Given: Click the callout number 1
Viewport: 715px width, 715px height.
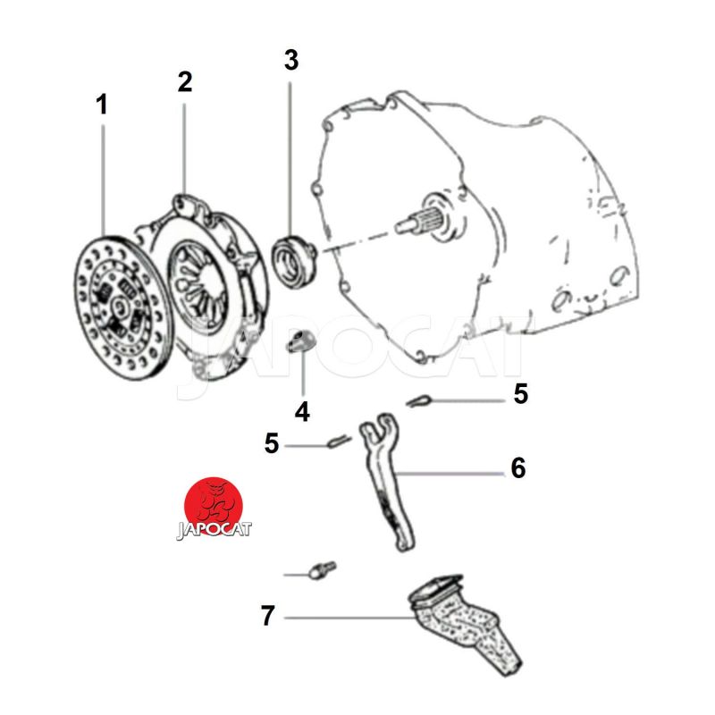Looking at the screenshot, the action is tap(102, 105).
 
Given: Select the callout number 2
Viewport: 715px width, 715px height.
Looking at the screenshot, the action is tap(185, 82).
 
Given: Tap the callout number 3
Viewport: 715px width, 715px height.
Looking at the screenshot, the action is tap(291, 60).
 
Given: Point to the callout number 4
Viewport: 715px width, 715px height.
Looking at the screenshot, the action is tap(302, 412).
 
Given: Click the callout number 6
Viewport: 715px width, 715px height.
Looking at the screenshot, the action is tap(518, 467).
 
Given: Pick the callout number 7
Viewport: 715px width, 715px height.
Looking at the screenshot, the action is tap(268, 615).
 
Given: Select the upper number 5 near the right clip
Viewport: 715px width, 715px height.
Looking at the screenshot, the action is tap(520, 393).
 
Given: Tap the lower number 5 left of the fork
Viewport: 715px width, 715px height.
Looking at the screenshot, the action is tap(272, 443).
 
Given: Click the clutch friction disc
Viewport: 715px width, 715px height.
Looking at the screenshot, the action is tap(122, 307).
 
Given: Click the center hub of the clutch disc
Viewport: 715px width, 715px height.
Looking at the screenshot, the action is tap(121, 306).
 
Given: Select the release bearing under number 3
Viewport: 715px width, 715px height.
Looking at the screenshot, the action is tap(293, 259).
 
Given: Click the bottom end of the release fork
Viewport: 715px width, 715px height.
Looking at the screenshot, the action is tap(405, 542).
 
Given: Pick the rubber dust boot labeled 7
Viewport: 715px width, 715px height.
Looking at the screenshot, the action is tap(463, 622).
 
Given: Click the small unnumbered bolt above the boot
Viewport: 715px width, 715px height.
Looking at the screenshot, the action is tap(322, 570).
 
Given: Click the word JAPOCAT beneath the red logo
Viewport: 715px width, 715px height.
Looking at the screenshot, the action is tap(214, 530).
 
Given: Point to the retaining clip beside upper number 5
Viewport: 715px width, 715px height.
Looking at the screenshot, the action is tap(418, 401).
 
